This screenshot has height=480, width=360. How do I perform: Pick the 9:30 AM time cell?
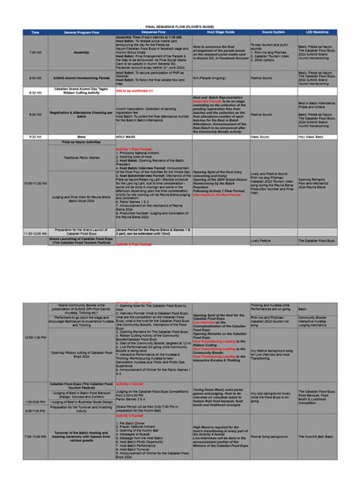[x=36, y=137]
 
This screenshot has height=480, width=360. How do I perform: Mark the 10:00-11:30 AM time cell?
[x=36, y=183]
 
